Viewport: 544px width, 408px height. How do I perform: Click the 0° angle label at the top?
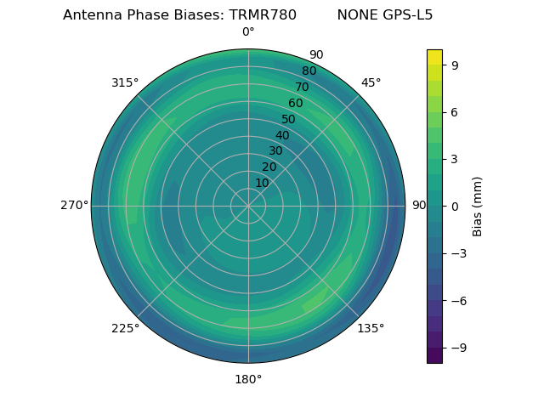tap(248, 32)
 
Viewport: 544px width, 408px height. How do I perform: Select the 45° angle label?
tap(371, 82)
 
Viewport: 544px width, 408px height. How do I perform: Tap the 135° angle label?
tap(371, 328)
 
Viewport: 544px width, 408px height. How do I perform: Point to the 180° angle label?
tap(248, 379)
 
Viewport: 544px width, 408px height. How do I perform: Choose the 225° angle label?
tap(125, 328)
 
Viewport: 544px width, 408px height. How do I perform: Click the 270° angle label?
tap(74, 206)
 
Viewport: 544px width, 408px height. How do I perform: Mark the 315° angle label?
tap(125, 82)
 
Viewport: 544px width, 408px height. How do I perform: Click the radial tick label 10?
tap(263, 183)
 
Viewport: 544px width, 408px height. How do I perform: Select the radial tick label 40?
tap(282, 135)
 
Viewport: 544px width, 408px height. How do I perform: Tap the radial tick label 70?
tap(302, 88)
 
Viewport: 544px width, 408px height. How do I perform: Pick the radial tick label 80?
tap(309, 71)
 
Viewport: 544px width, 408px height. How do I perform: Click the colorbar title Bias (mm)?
tap(478, 206)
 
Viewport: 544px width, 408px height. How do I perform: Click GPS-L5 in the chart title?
tap(405, 15)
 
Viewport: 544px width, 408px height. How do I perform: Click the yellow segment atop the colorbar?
tap(434, 57)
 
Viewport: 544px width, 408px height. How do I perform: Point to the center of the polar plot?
tap(248, 206)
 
